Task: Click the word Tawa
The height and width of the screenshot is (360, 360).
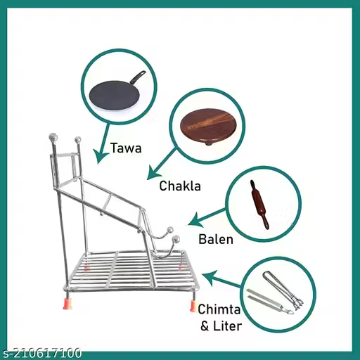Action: (126, 148)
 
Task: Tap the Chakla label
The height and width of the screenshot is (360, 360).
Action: (180, 186)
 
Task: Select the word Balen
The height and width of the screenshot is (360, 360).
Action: (216, 239)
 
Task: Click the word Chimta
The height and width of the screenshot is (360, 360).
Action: (219, 309)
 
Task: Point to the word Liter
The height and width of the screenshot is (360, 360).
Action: (228, 326)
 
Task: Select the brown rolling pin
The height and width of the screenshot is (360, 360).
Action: (259, 204)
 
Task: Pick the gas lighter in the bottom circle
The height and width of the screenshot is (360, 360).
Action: (283, 290)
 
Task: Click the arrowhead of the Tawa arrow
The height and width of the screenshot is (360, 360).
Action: (101, 156)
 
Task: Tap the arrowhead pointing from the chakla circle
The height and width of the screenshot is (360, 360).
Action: (153, 174)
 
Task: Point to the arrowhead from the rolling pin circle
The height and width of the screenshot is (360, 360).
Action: (195, 220)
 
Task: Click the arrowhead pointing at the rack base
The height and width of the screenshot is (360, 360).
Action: (210, 278)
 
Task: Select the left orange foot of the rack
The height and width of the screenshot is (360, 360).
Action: (67, 303)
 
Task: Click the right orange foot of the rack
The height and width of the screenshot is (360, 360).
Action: (193, 306)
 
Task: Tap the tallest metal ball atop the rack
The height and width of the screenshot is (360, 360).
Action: (53, 136)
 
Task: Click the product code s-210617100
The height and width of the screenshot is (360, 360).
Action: (41, 353)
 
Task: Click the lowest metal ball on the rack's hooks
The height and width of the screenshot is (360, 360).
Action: (176, 240)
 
